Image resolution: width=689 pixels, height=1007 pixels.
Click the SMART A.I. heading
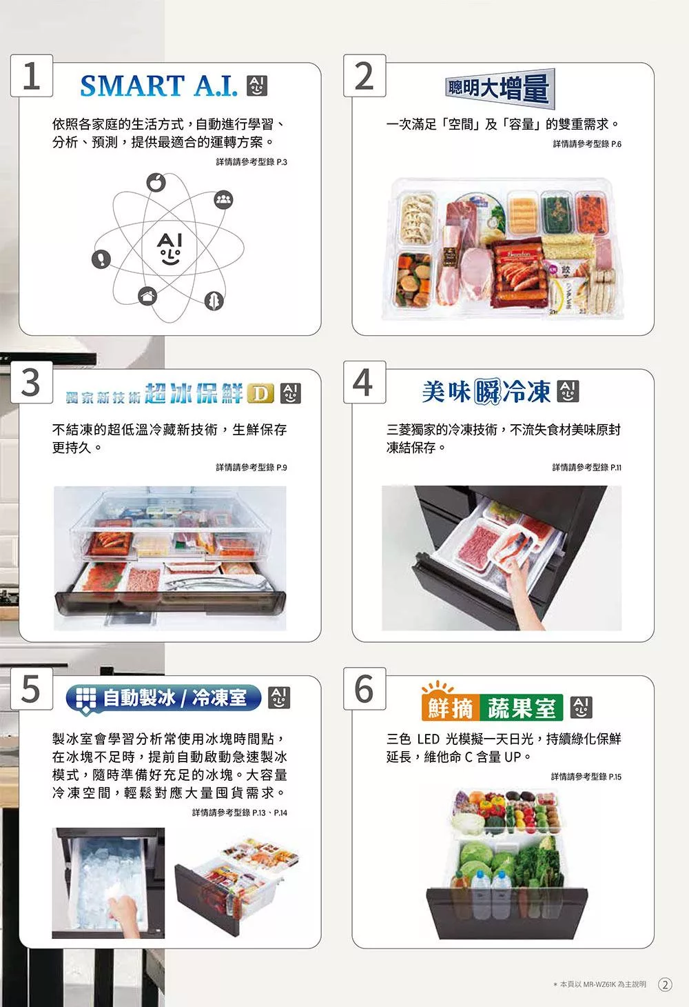click(x=159, y=86)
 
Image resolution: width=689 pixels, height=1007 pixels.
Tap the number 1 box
click(x=32, y=76)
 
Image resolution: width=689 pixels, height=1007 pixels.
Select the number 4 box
click(x=364, y=382)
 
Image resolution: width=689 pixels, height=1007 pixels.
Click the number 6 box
click(x=364, y=689)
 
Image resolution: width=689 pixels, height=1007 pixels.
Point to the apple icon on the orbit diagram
click(x=156, y=182)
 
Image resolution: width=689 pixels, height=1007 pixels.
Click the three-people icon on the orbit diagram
click(x=223, y=199)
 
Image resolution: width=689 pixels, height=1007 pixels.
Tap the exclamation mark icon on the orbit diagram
click(x=101, y=259)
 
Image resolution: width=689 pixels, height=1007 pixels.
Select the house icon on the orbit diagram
click(x=147, y=297)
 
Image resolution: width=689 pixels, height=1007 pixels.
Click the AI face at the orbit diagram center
click(x=169, y=248)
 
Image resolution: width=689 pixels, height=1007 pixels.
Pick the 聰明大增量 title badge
click(x=500, y=88)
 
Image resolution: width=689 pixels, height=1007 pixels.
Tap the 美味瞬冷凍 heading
click(x=486, y=391)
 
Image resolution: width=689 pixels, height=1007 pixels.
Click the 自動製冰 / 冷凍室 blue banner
click(x=163, y=698)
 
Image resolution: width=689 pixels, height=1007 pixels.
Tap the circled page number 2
click(x=665, y=984)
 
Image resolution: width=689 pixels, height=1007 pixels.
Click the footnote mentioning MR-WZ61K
click(x=600, y=984)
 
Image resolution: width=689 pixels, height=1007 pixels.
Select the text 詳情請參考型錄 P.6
click(x=587, y=144)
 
